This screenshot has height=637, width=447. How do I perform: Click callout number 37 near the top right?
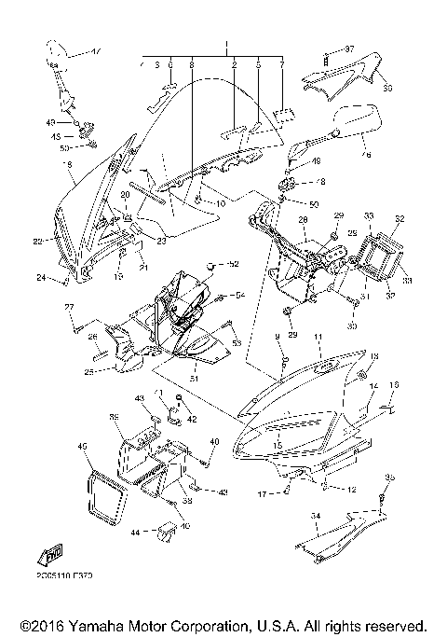pyautogui.click(x=350, y=48)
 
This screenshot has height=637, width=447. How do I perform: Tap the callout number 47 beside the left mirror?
pyautogui.click(x=98, y=48)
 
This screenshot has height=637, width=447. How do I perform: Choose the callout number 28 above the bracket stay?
pyautogui.click(x=302, y=220)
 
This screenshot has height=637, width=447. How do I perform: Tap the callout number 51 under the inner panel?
pyautogui.click(x=194, y=378)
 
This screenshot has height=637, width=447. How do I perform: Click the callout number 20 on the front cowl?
pyautogui.click(x=124, y=196)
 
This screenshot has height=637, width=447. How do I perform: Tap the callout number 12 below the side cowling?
pyautogui.click(x=353, y=489)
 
